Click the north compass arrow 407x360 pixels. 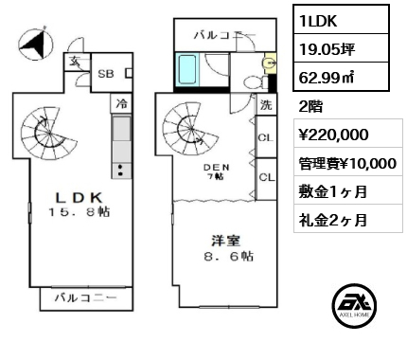coord(35,44)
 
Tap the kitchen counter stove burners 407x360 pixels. coord(121,171)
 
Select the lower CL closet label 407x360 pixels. coord(267,177)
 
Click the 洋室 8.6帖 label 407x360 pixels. coord(221,248)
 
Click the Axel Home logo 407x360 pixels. coord(354,306)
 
